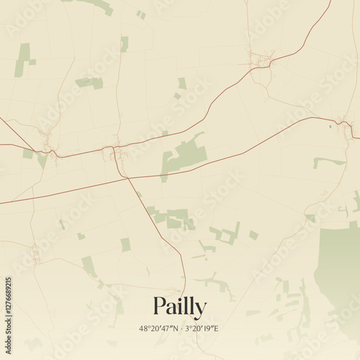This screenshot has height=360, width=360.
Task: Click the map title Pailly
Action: point(179,307)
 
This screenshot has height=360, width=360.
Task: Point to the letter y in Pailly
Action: point(199,310)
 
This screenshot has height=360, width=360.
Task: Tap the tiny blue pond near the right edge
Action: point(330,127)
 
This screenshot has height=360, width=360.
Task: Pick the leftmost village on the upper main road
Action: point(49,146)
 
